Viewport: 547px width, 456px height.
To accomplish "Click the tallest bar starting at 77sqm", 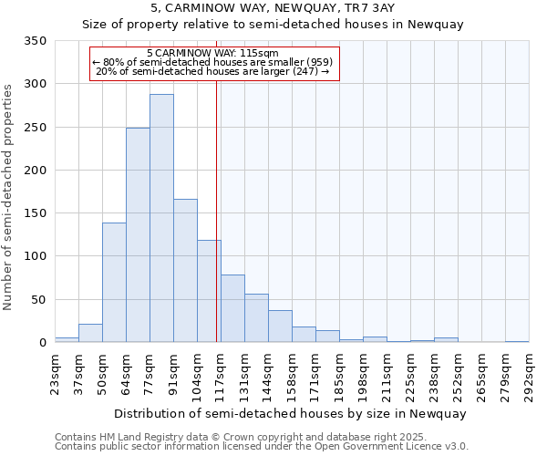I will coord(161,219).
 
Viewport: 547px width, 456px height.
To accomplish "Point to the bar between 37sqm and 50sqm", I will coord(90,333).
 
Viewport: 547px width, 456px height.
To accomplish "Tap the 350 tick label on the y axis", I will coord(35,41).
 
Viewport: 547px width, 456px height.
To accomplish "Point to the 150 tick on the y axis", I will coord(35,213).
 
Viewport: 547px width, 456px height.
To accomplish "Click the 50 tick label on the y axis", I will coord(38,299).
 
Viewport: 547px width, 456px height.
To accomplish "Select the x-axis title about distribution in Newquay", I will coord(292,414).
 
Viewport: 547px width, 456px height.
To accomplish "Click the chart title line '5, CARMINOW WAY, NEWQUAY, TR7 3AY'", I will coord(273,8).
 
